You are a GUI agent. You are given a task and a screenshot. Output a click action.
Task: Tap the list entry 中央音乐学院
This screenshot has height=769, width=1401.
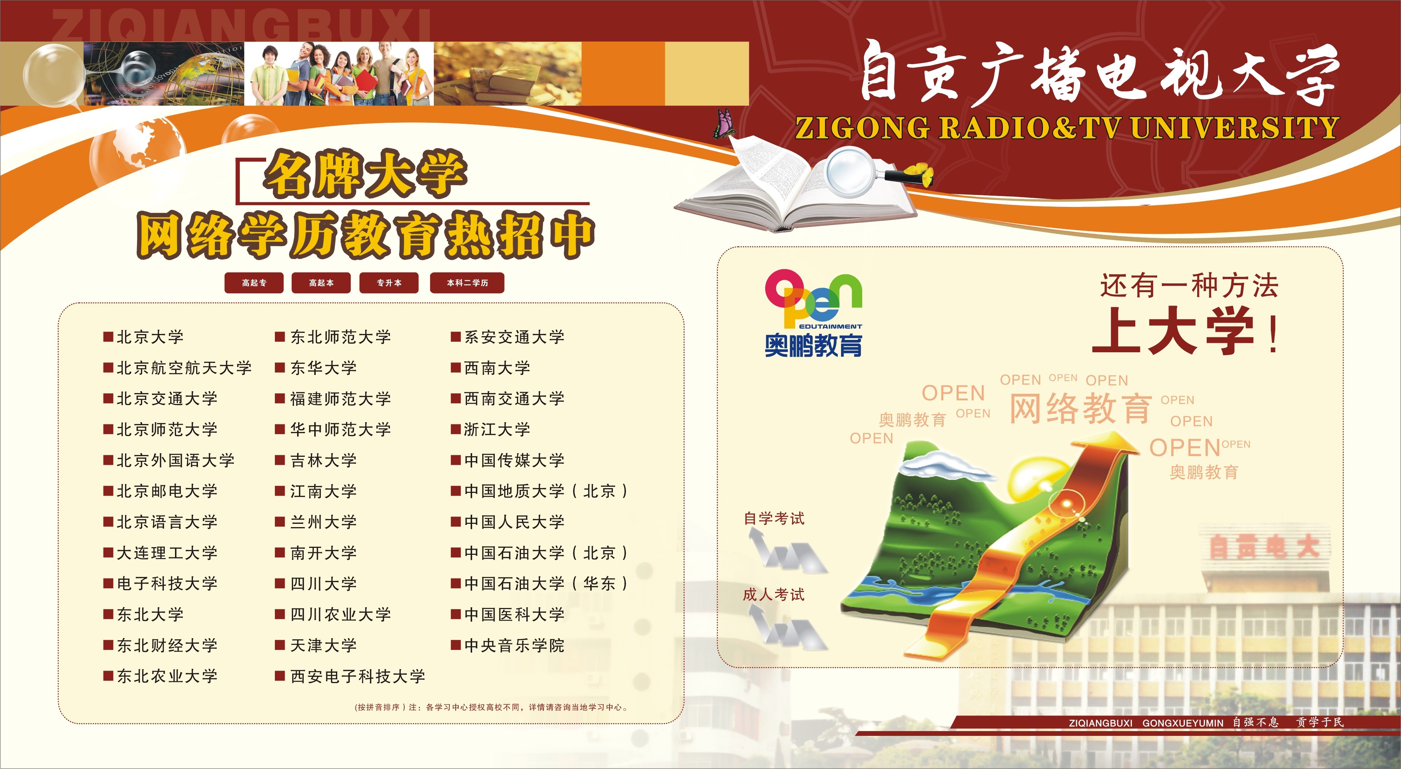tap(507, 646)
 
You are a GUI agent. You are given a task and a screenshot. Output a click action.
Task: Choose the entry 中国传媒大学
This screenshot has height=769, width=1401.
tap(507, 460)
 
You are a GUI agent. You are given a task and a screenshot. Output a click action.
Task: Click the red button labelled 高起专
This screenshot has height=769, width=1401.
tap(254, 283)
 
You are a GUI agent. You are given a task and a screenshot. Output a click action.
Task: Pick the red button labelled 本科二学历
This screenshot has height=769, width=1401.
tap(467, 283)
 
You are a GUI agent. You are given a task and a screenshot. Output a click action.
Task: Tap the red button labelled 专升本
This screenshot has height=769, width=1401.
tap(389, 283)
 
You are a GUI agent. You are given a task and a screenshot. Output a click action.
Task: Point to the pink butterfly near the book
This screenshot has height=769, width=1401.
tap(724, 123)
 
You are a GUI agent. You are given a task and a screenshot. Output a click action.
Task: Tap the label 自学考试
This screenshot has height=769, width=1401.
tap(774, 518)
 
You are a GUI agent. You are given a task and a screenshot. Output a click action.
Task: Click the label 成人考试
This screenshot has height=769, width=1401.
tap(774, 595)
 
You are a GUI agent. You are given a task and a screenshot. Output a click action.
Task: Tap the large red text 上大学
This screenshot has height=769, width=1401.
tap(1174, 330)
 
